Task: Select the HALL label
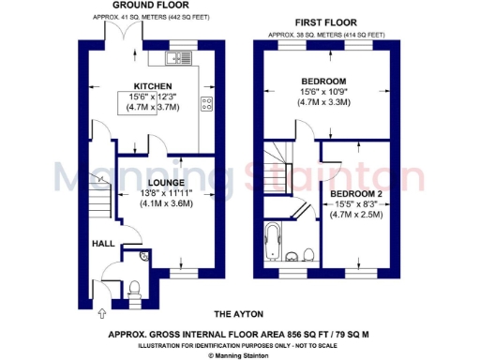tap(102, 244)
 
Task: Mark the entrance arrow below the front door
tap(102, 312)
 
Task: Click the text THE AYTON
tap(239, 313)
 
